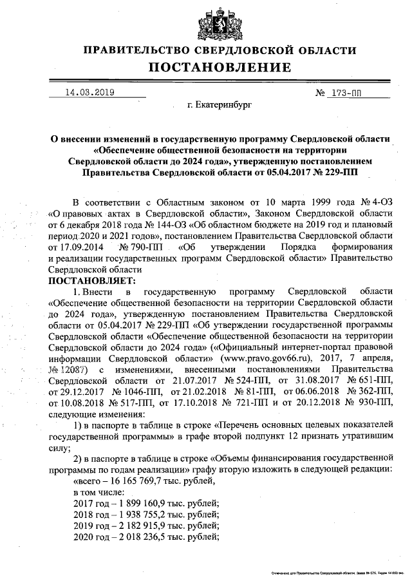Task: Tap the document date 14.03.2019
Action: coord(89,92)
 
